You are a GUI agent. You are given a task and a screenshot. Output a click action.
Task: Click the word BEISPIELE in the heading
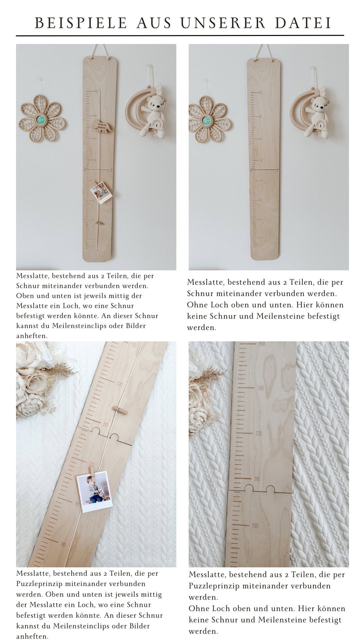[81, 23]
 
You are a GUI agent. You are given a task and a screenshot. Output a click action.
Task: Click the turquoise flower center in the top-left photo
[42, 119]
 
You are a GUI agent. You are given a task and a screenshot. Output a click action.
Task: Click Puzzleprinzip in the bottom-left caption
[39, 584]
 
